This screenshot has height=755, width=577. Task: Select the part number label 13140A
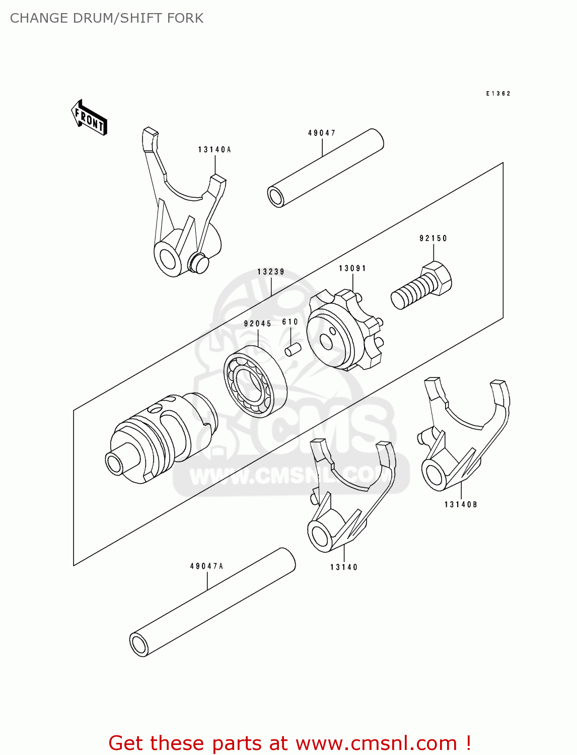click(x=214, y=149)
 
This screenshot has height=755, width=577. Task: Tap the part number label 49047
click(x=322, y=133)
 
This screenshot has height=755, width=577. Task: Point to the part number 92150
click(x=433, y=238)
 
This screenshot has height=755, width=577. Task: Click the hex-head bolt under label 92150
click(x=422, y=285)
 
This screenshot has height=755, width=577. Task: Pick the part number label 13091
click(x=352, y=268)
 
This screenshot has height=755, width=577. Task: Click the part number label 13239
click(x=271, y=272)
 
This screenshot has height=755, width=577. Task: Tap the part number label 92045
click(x=258, y=324)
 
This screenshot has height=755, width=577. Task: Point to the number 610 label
click(x=290, y=322)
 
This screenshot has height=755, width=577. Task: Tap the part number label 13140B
click(x=461, y=504)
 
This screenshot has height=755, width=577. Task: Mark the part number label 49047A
click(x=206, y=566)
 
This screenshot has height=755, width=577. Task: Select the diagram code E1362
click(x=498, y=94)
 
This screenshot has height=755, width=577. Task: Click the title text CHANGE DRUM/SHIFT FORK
click(x=107, y=18)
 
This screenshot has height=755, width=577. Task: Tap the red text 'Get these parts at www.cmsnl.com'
click(x=290, y=743)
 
